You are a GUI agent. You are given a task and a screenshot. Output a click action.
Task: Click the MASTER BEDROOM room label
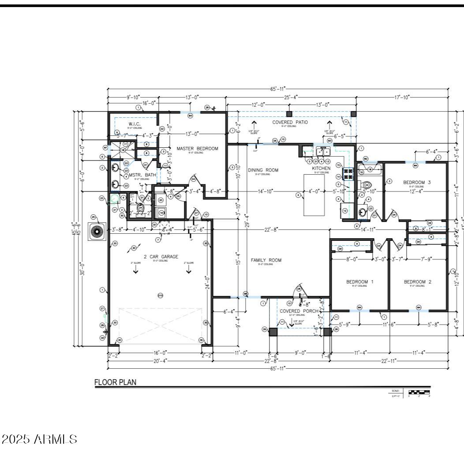tap(197, 149)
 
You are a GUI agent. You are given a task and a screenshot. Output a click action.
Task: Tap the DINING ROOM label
tap(263, 170)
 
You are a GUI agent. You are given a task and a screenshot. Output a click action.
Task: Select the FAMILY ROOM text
tap(266, 260)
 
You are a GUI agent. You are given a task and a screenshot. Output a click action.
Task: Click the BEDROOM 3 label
tap(417, 182)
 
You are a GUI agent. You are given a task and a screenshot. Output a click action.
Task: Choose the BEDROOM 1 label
tap(359, 282)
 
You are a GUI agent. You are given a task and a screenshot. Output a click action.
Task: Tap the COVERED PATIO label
tap(290, 122)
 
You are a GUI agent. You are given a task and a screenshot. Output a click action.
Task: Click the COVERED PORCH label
tap(299, 311)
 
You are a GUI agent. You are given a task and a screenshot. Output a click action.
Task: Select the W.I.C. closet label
tap(135, 124)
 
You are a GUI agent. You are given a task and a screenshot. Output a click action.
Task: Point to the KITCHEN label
tap(321, 168)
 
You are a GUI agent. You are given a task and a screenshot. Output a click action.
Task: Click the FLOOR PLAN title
tap(116, 382)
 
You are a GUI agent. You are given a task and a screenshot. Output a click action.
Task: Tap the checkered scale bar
tap(419, 391)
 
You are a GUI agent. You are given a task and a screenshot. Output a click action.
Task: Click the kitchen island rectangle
tap(314, 194)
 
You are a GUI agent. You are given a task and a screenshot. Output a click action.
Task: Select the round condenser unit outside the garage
tap(97, 232)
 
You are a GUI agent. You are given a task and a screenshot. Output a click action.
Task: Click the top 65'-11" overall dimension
tap(278, 89)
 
